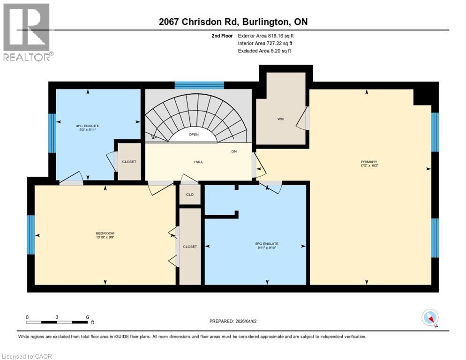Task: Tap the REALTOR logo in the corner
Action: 27,32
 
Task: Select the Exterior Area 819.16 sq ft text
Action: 266,36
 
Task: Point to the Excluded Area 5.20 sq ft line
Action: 264,51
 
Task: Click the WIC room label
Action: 281,119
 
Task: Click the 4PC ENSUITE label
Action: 88,126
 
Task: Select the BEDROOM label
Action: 105,233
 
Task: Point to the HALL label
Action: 198,162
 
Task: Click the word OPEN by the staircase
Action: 194,135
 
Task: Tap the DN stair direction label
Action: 234,151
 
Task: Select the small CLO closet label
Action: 189,195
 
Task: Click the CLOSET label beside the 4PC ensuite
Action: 129,162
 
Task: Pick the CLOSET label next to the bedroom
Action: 190,247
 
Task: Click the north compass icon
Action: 430,317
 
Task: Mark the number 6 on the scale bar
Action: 87,317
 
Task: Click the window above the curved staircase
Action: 199,85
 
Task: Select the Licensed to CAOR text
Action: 27,356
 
